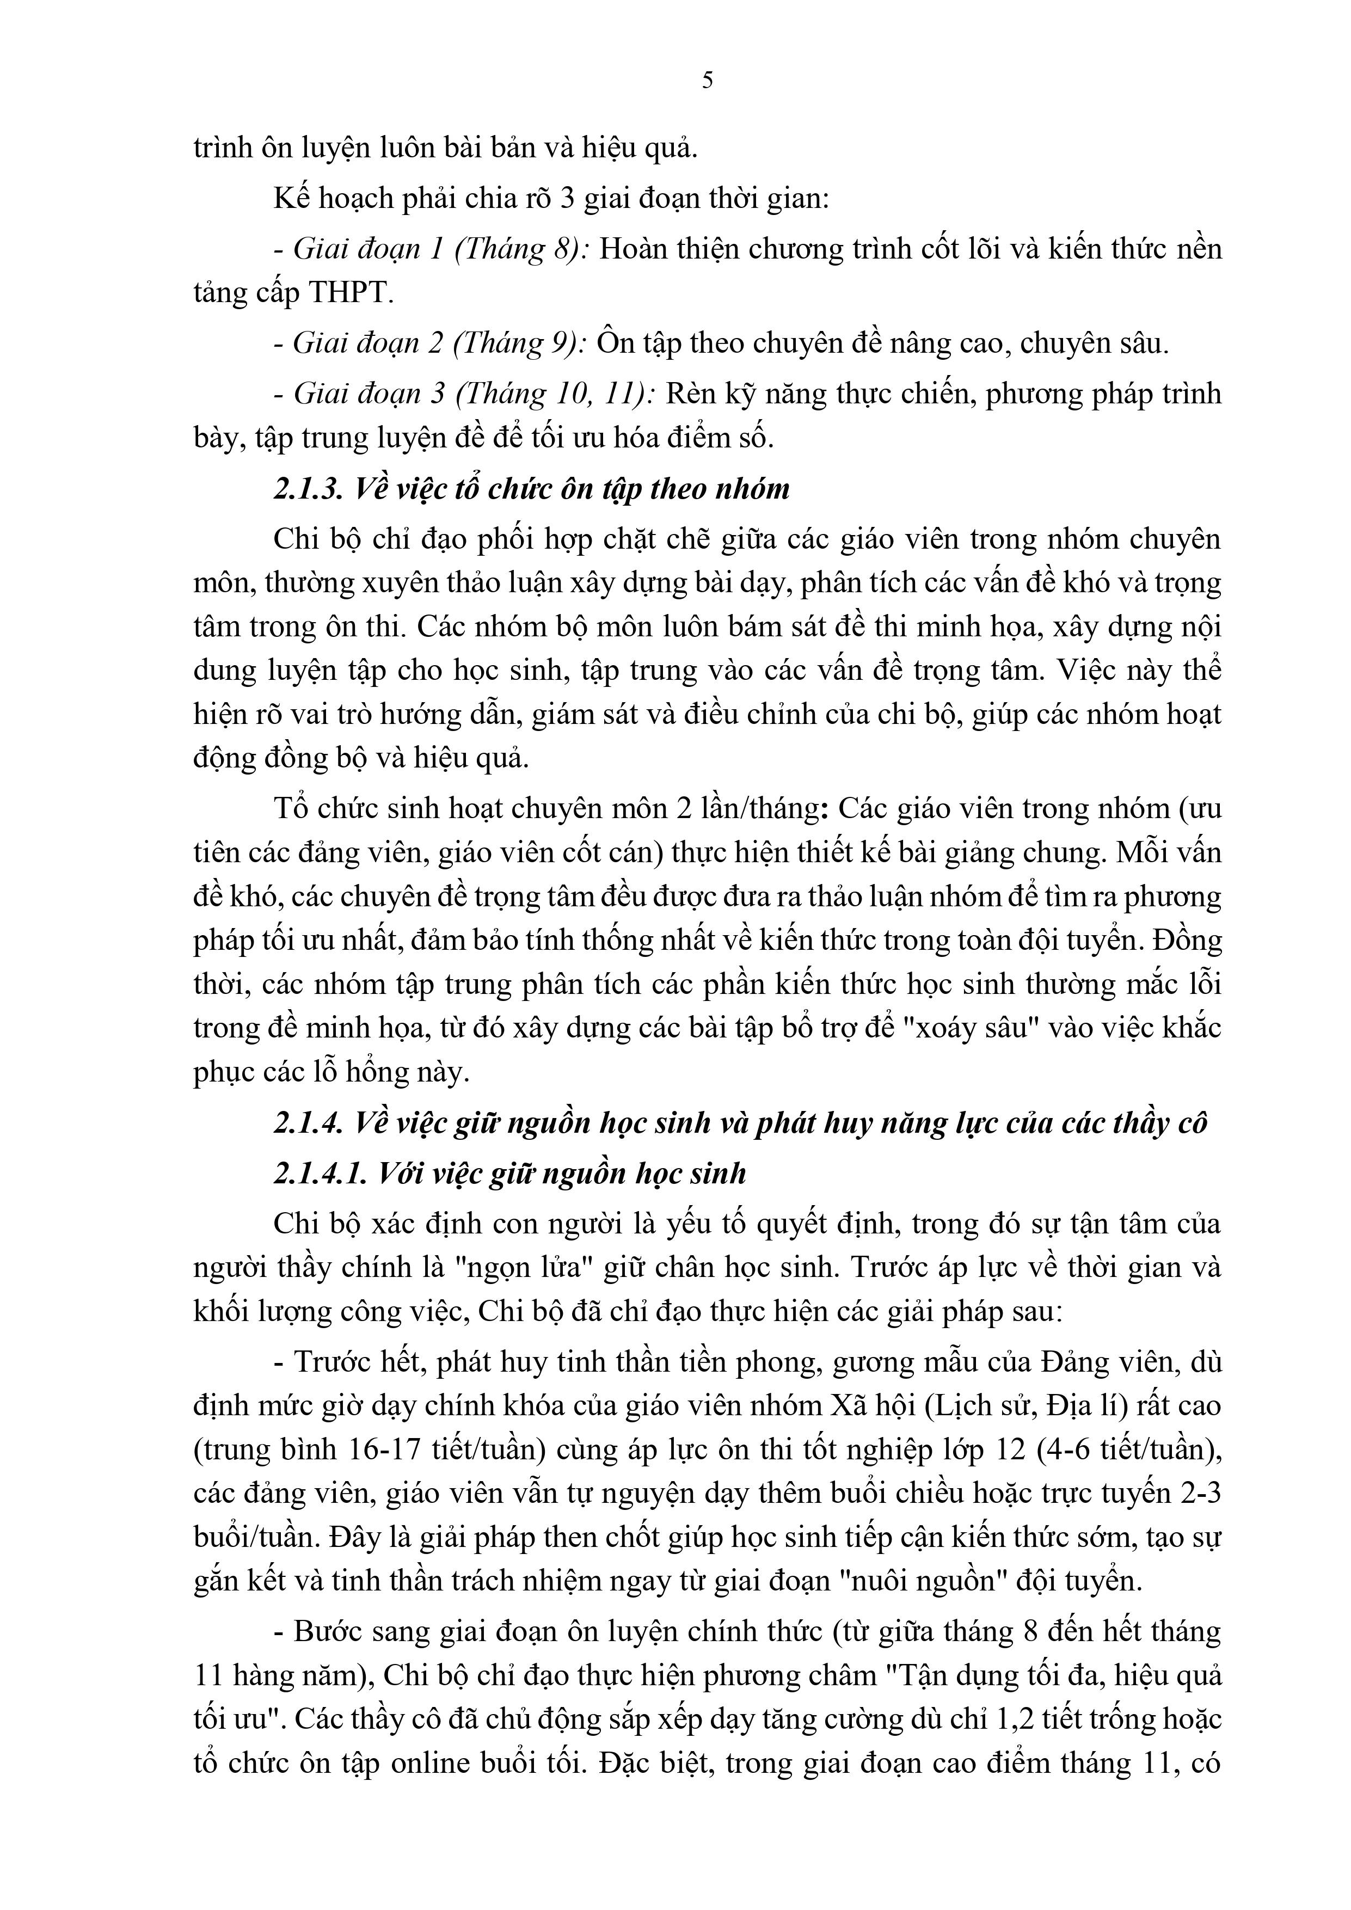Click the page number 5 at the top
[707, 81]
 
